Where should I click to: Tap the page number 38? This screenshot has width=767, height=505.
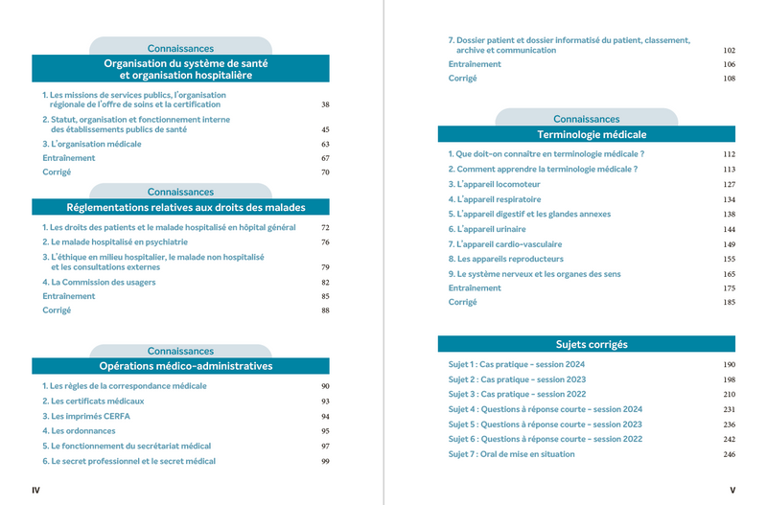click(325, 104)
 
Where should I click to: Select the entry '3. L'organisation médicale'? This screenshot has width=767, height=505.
click(91, 144)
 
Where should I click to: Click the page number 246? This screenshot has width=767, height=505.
click(729, 454)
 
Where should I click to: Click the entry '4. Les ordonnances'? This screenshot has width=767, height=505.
click(80, 431)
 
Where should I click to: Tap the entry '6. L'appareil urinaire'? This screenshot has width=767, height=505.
click(488, 230)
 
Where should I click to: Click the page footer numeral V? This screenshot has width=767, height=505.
click(732, 491)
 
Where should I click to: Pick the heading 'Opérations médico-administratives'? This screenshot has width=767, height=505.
click(185, 366)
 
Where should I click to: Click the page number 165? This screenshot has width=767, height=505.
click(729, 274)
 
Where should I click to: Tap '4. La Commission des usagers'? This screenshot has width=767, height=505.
click(99, 283)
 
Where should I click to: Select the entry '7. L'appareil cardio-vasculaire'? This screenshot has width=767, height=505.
click(505, 244)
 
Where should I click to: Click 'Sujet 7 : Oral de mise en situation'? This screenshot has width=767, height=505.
click(511, 454)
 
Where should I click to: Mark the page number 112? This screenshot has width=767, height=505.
click(729, 154)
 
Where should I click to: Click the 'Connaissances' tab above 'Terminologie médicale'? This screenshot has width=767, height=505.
click(586, 119)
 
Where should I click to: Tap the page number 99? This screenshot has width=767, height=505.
click(325, 462)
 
